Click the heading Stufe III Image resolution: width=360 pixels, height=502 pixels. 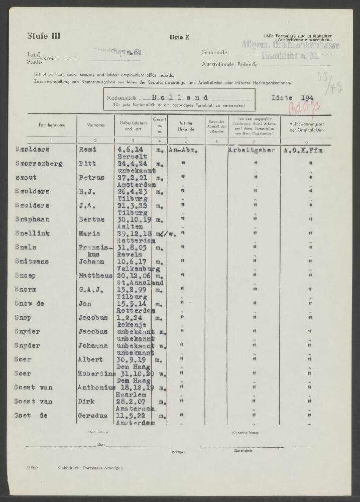(44, 36)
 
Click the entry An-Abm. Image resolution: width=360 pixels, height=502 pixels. (183, 150)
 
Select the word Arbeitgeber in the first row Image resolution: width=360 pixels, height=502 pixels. (252, 150)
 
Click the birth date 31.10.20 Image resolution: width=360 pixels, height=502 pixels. (133, 373)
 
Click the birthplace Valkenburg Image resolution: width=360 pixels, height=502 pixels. (137, 269)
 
